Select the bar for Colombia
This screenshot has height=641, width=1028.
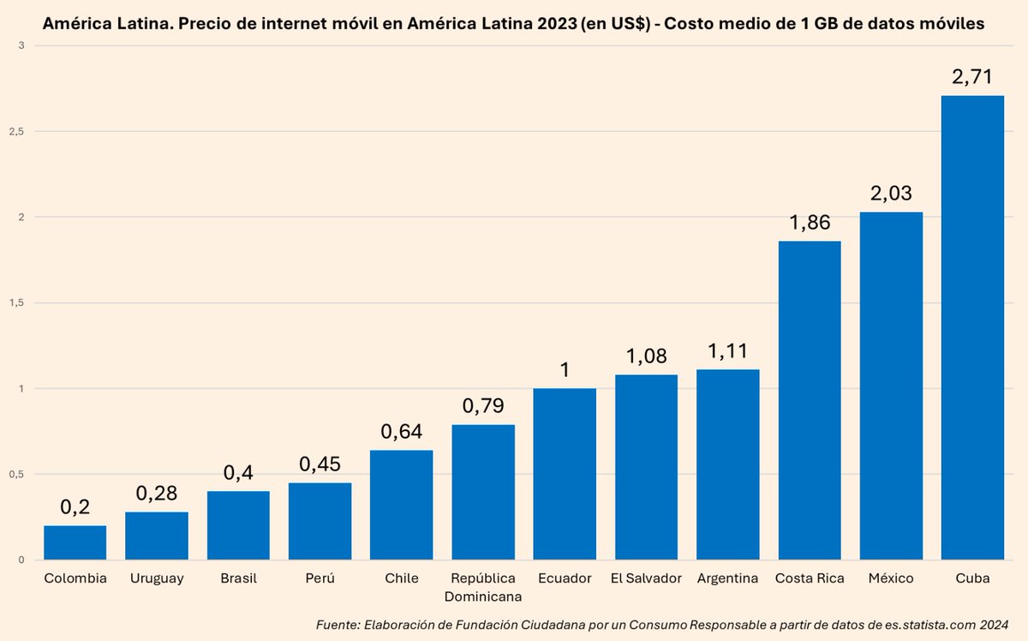coord(75,542)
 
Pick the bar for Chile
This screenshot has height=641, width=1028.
coord(401,505)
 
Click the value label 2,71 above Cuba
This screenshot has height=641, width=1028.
coord(972,76)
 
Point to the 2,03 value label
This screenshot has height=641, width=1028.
coord(891,193)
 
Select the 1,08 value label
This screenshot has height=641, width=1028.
coord(646,356)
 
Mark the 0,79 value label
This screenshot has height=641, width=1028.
coord(483,405)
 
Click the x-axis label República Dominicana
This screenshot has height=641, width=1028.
coord(483,586)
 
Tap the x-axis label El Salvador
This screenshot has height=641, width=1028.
coord(646,578)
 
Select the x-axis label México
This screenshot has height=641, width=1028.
coord(891,578)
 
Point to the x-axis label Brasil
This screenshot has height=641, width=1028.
coord(238,578)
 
